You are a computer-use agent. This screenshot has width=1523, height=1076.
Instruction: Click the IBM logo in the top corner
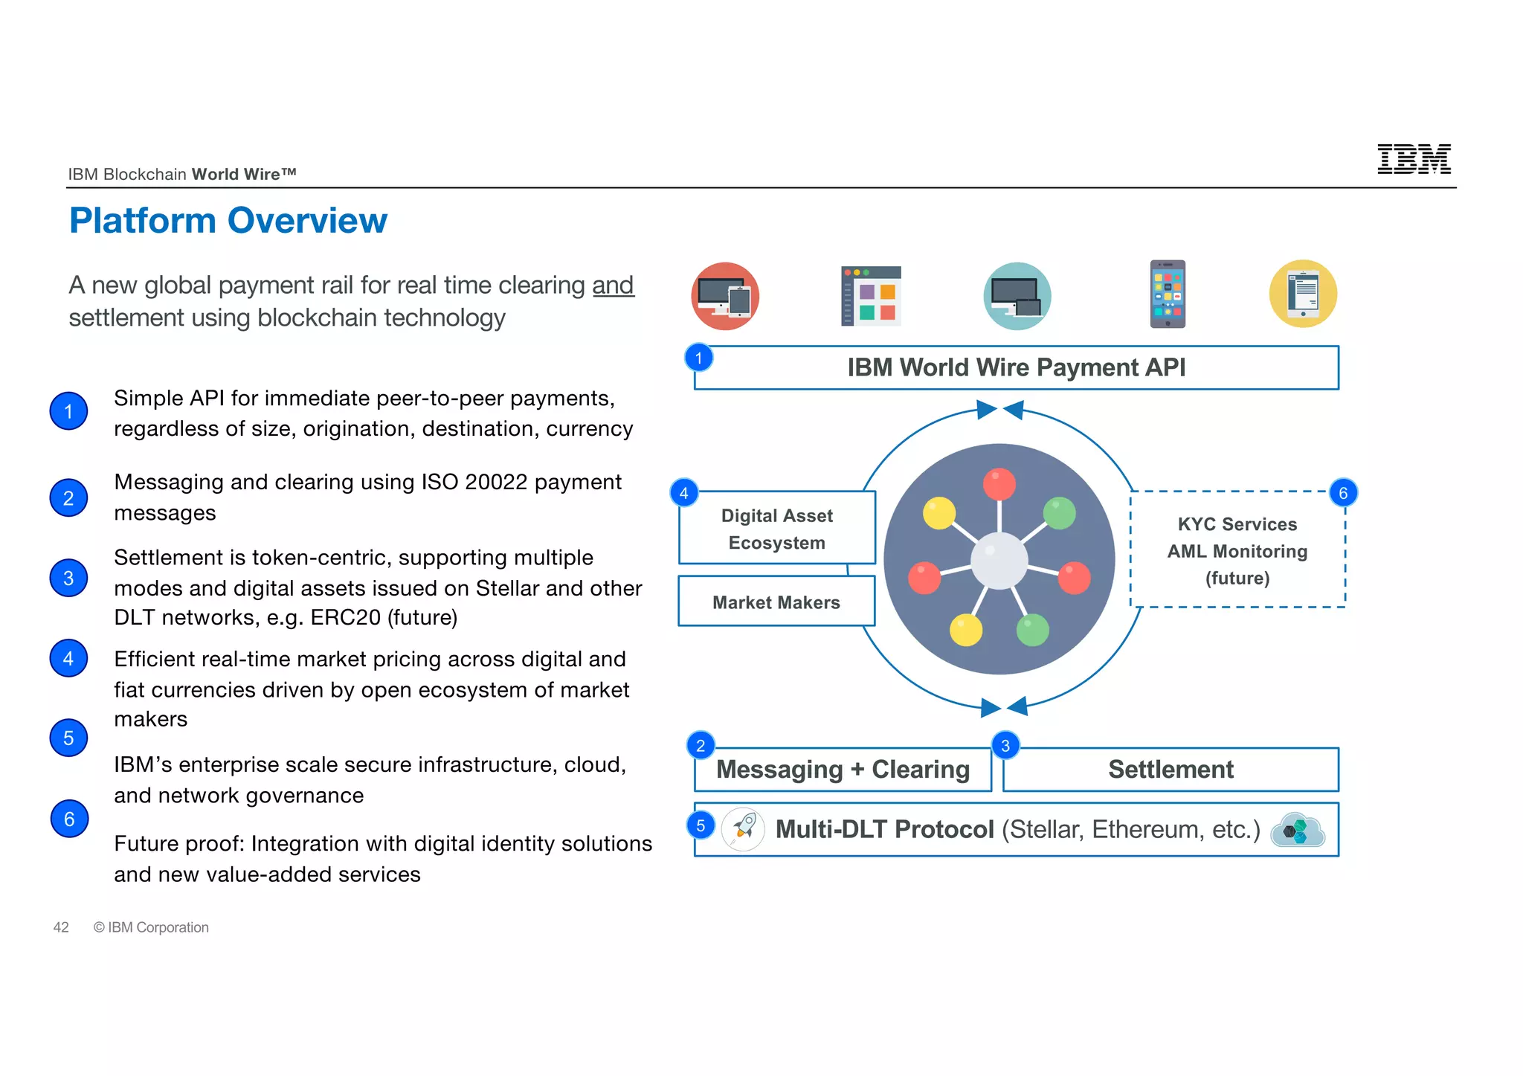click(1413, 159)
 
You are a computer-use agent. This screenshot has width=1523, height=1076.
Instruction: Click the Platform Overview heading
click(228, 221)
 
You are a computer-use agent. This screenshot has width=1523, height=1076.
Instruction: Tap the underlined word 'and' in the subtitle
click(613, 286)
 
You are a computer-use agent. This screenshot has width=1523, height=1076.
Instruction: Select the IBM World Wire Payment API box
click(1016, 367)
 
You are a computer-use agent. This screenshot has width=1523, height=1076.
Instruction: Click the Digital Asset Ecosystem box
click(776, 529)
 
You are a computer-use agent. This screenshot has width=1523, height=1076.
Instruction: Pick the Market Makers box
click(776, 602)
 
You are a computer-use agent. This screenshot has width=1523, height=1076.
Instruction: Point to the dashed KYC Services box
click(1237, 551)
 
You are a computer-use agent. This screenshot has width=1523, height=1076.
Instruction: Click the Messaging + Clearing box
click(843, 770)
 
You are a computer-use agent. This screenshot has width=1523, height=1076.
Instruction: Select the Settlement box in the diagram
click(1171, 770)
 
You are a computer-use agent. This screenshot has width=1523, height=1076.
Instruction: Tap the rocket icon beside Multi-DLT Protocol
click(743, 829)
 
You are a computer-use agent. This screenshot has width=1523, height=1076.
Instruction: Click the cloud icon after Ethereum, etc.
click(1298, 830)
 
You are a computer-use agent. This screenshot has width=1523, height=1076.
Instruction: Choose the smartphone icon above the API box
click(1168, 294)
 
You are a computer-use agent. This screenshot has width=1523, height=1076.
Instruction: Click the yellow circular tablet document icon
click(1303, 294)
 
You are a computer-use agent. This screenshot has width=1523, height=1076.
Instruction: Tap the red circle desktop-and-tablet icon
click(725, 296)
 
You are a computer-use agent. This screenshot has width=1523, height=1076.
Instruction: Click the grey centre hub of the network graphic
click(999, 560)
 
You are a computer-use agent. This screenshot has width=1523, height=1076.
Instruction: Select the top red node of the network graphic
click(999, 484)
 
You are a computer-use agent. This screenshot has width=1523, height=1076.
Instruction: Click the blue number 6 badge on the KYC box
click(1343, 493)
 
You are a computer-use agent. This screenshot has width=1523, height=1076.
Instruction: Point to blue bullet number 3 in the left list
click(68, 579)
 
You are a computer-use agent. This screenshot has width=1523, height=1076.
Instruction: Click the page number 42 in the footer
click(61, 927)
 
